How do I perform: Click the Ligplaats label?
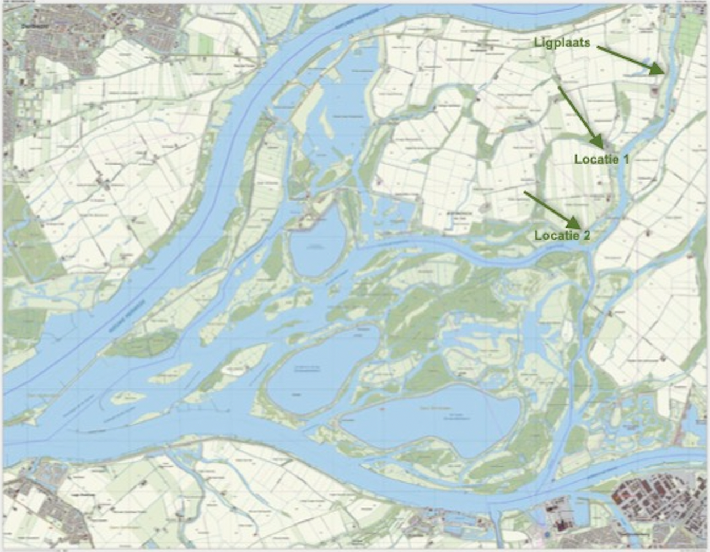pos(562,42)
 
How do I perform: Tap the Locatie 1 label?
pos(601,159)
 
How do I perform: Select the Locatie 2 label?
pos(562,236)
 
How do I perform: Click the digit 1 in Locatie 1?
pos(625,159)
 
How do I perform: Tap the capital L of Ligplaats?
pos(536,42)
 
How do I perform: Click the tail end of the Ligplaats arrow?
pos(598,47)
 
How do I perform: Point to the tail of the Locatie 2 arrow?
pos(524,192)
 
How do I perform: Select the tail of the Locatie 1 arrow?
pos(559,87)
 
